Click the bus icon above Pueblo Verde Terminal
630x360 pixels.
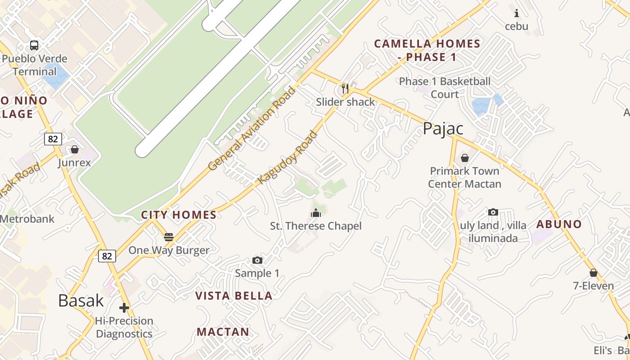click(34, 45)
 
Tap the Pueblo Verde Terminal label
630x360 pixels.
click(35, 65)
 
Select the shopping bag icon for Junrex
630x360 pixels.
click(75, 149)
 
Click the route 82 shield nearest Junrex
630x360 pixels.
click(53, 139)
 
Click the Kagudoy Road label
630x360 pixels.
click(288, 157)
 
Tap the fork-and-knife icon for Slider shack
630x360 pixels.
click(345, 88)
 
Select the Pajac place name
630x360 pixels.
click(443, 129)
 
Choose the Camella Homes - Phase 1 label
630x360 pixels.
click(427, 50)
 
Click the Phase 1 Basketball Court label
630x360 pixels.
click(445, 88)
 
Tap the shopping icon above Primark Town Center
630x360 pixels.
click(465, 158)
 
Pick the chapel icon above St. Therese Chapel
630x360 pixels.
click(316, 213)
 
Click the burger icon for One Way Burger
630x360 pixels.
click(169, 237)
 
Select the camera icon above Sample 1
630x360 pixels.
click(257, 261)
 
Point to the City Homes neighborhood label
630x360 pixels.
click(179, 215)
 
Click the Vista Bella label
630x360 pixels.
click(234, 296)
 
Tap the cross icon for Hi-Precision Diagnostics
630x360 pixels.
click(124, 308)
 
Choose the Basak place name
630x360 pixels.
click(81, 301)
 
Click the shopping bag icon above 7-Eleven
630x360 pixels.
click(594, 273)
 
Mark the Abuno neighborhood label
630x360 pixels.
click(559, 224)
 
